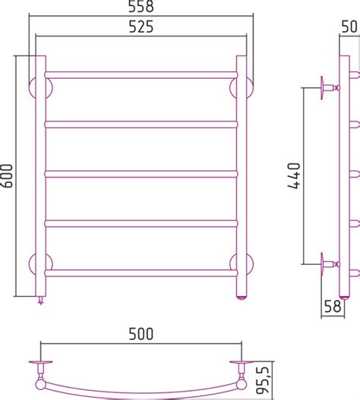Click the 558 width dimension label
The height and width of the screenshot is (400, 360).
coord(141,6)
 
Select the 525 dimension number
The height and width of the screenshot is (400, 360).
coord(141,27)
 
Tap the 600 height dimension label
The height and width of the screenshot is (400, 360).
coord(7,176)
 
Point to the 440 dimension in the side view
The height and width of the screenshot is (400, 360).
coord(294,175)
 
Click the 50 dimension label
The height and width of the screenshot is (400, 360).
coord(349,27)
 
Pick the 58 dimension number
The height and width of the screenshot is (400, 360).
coord(333,306)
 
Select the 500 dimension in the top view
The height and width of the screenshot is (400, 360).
coord(141,334)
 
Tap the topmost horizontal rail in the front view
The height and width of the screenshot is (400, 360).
coord(141,75)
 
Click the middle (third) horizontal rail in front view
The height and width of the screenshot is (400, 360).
coord(141,174)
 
